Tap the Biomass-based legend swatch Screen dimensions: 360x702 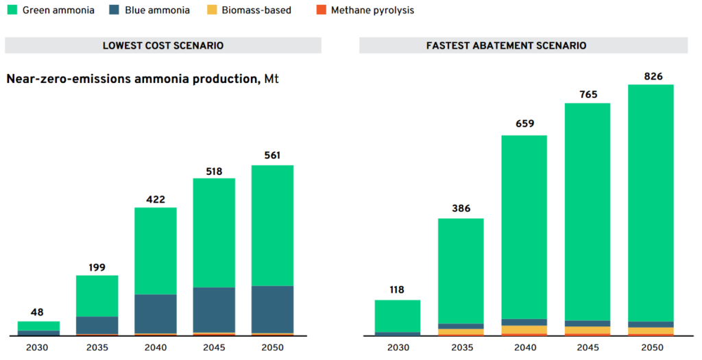click(213, 10)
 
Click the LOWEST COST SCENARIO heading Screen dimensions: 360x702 click(163, 45)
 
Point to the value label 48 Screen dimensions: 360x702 click(38, 312)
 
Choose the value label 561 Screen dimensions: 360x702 click(272, 156)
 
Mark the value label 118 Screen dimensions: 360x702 click(397, 291)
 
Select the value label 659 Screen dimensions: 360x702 click(524, 124)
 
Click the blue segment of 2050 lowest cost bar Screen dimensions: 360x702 click(272, 309)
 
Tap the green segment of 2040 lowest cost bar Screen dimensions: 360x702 click(155, 251)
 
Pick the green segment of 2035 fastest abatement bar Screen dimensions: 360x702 click(461, 271)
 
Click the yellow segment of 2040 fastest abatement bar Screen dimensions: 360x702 click(524, 330)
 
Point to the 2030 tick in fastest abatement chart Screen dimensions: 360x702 click(397, 348)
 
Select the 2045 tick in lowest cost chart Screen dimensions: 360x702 click(213, 348)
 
